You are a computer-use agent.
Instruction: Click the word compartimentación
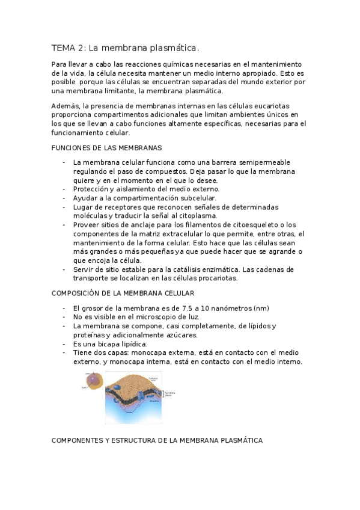pyautogui.click(x=142, y=198)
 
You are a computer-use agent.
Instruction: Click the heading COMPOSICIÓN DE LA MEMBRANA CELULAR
pyautogui.click(x=123, y=293)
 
